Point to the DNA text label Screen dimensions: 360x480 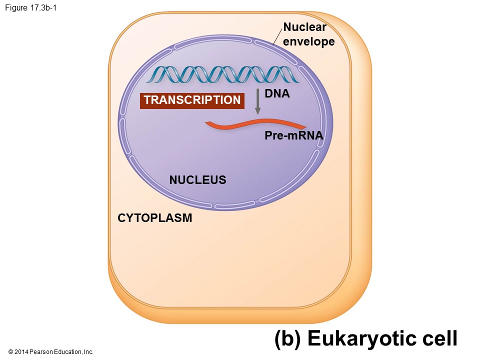coord(277,93)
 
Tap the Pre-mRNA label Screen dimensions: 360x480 coord(293,135)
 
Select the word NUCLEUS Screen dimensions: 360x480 coord(197,180)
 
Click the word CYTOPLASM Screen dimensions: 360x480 coord(154,218)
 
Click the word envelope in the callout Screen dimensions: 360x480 coord(308,41)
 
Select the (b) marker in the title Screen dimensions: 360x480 coord(287,338)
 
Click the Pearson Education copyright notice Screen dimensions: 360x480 coord(51,352)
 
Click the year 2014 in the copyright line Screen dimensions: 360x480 coord(22,352)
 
